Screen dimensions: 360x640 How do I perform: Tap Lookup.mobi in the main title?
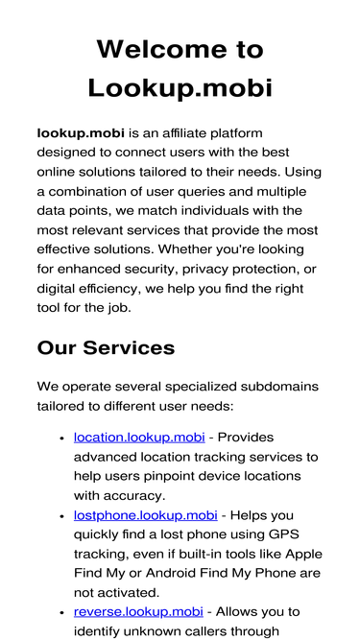coord(180,87)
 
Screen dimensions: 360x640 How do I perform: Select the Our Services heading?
coord(106,347)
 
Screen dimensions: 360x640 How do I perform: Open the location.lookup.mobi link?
coord(144,437)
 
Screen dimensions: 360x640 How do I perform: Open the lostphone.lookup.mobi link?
coord(146,515)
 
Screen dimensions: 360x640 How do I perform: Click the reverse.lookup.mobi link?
coord(138,611)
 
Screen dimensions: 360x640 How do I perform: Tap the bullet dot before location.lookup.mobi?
coord(61,439)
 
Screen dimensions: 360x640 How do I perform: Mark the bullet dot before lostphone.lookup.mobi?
coord(61,516)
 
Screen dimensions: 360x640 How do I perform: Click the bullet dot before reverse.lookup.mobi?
coord(61,612)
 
